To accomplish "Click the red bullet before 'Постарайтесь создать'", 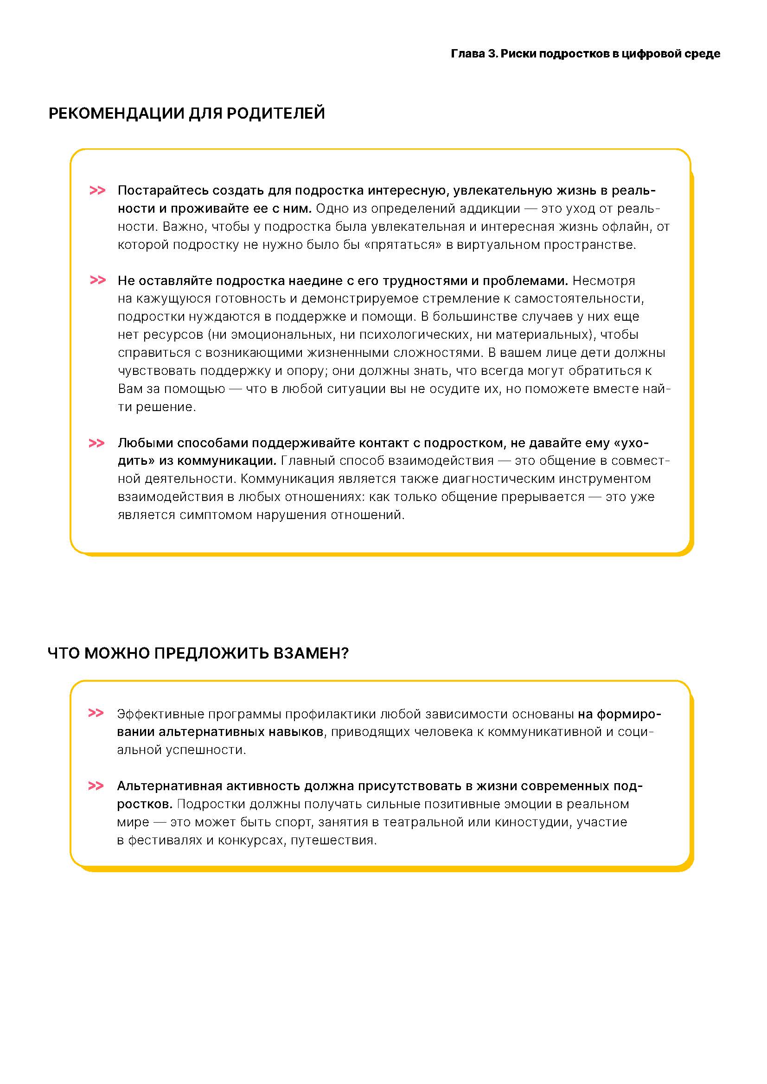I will click(97, 190).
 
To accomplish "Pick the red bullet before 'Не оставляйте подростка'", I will click(97, 280).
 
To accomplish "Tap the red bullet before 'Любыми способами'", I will click(96, 443).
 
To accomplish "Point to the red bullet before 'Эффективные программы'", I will click(96, 713).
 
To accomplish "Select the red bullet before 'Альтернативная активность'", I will click(96, 786).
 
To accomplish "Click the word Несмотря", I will click(604, 280).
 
